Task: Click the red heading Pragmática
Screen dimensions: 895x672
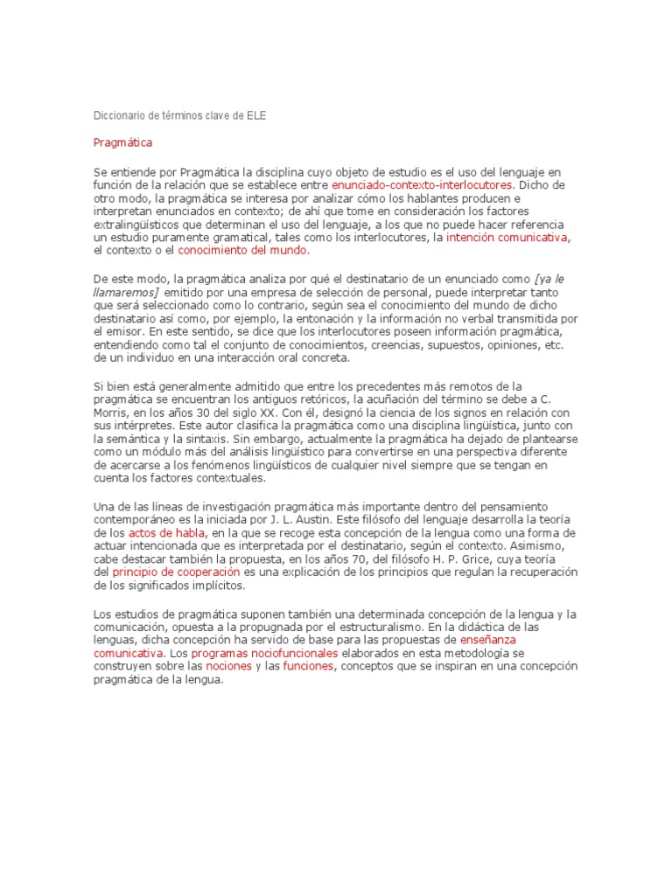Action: click(x=122, y=142)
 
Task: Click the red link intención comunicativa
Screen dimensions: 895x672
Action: click(x=507, y=238)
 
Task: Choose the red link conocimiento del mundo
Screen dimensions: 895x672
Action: click(x=243, y=251)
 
